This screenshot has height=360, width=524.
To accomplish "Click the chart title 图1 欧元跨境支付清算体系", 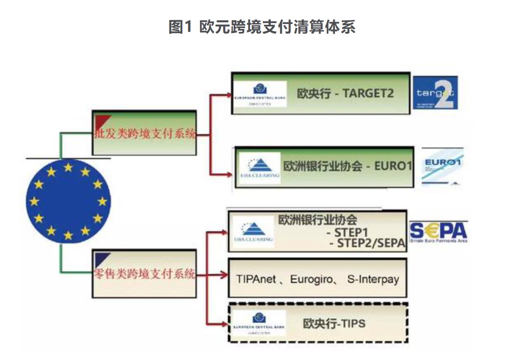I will tap(262, 27).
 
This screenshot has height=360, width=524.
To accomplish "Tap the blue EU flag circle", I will tap(68, 201).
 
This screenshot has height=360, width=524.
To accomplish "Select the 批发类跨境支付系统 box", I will tap(144, 134).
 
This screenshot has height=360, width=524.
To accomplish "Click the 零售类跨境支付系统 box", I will tap(144, 274).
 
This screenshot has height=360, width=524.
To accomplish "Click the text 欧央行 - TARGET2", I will tap(345, 93).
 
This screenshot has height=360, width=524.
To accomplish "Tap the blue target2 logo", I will tap(435, 93).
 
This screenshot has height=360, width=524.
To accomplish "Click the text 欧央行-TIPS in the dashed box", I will tap(334, 323).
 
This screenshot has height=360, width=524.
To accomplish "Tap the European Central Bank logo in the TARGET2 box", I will tap(260, 95).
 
